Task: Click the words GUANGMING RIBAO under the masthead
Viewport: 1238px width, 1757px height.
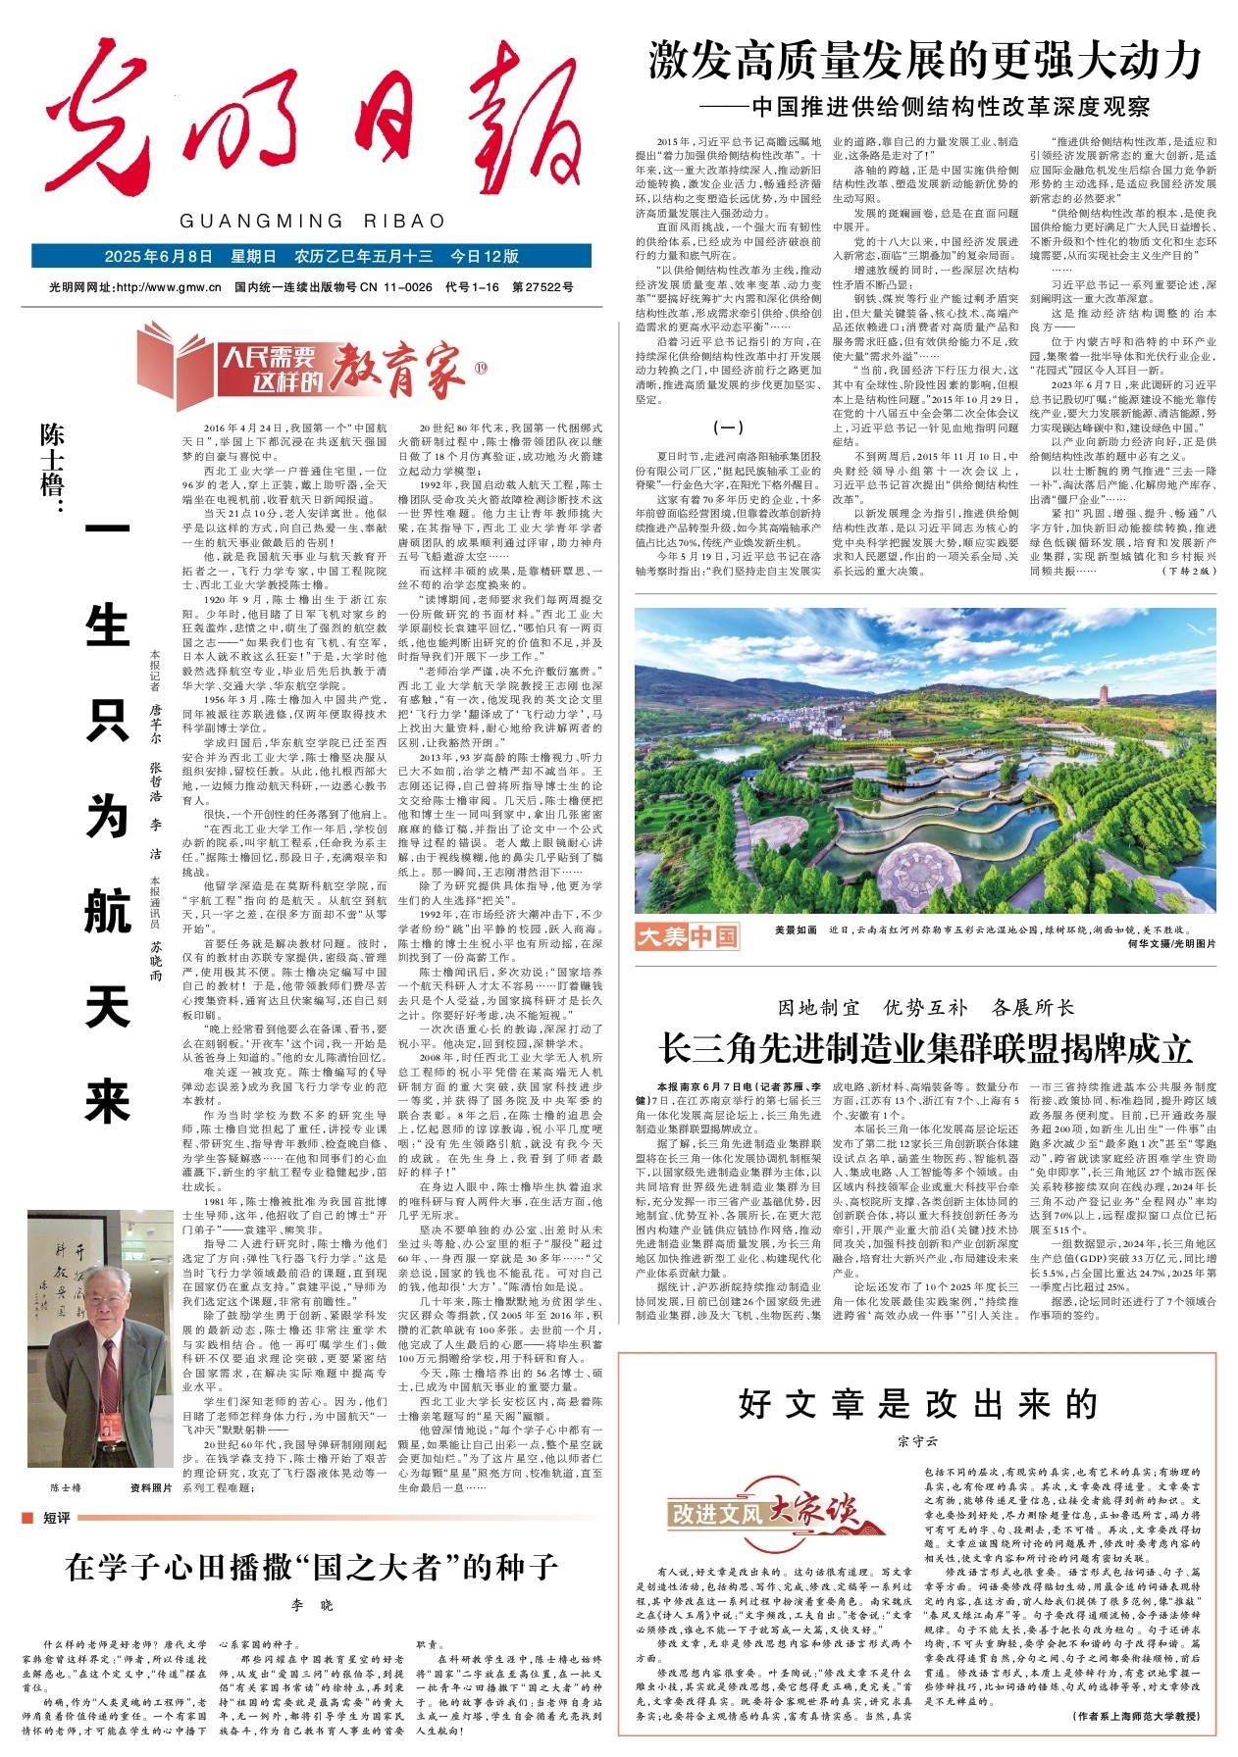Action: pyautogui.click(x=312, y=222)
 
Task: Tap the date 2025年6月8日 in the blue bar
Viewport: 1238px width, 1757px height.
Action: pyautogui.click(x=158, y=257)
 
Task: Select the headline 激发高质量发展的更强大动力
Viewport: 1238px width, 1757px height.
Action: pyautogui.click(x=925, y=61)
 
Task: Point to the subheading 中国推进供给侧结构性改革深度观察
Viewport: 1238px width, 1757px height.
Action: pyautogui.click(x=950, y=107)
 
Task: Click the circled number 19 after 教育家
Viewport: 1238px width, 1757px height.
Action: pyautogui.click(x=481, y=369)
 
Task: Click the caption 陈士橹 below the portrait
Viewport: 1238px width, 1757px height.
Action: pyautogui.click(x=66, y=1487)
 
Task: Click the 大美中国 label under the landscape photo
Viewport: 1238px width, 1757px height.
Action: pyautogui.click(x=687, y=936)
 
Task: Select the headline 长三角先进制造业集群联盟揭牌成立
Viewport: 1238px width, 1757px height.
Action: pyautogui.click(x=925, y=1048)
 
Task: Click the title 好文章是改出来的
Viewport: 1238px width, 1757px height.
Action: pyautogui.click(x=917, y=1404)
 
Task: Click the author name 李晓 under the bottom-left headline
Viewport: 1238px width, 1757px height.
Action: pyautogui.click(x=312, y=1605)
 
